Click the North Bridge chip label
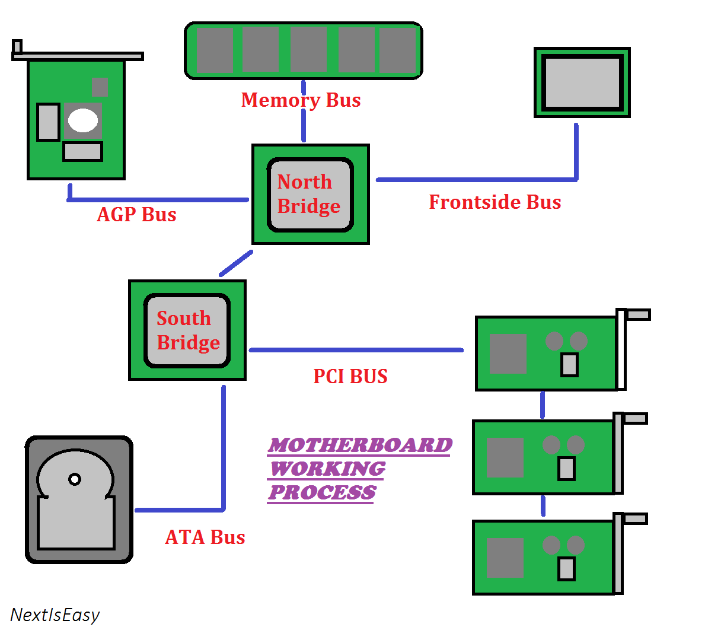[x=308, y=194]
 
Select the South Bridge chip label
[x=187, y=330]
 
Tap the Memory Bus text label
[x=301, y=100]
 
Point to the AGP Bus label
[x=136, y=214]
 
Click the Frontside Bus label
[x=495, y=202]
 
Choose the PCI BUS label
[x=350, y=376]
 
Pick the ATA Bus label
[x=205, y=537]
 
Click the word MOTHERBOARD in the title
[x=360, y=444]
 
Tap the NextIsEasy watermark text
[x=55, y=615]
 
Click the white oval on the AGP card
[x=83, y=121]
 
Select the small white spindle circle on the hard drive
[x=75, y=479]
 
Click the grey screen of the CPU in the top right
[x=582, y=82]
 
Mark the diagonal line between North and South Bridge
[x=236, y=263]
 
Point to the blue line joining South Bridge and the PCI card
[x=356, y=350]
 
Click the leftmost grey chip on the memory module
[x=215, y=50]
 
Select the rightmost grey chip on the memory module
[x=398, y=50]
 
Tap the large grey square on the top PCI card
[x=508, y=354]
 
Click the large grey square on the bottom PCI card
[x=505, y=558]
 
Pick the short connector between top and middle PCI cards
[x=543, y=405]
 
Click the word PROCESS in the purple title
[x=322, y=492]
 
